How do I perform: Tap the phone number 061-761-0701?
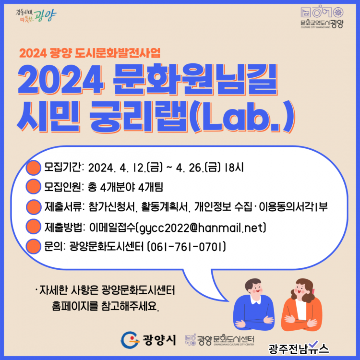point(186,247)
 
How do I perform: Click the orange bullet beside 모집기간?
point(34,168)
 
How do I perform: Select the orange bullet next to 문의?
point(34,246)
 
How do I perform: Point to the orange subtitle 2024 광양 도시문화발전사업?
point(90,53)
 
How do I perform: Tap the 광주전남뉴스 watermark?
point(299,348)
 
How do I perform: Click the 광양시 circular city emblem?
point(130,340)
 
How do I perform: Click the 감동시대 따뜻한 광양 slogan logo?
point(36,16)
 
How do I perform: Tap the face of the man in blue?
point(255,288)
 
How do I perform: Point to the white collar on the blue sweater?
point(255,300)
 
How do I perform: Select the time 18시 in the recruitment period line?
point(234,168)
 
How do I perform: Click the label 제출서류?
point(63,207)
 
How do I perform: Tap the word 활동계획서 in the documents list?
point(165,207)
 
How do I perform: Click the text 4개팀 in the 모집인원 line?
point(151,187)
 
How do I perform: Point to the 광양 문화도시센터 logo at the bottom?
point(219,340)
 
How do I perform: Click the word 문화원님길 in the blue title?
point(195,79)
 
